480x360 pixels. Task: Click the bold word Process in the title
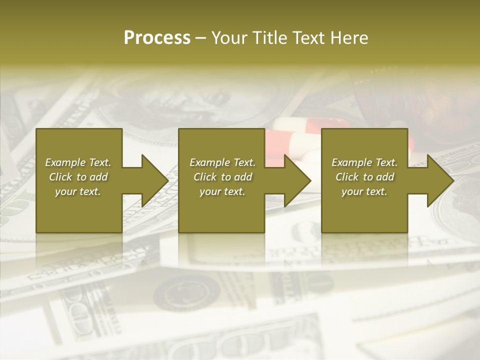[157, 38]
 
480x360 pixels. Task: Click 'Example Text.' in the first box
[78, 162]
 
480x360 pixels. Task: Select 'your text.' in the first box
[78, 191]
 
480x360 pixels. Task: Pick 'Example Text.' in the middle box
[222, 162]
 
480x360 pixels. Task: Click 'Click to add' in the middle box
[222, 177]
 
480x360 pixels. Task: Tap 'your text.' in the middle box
[222, 191]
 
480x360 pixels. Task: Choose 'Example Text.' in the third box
[364, 162]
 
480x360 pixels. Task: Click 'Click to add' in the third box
[364, 177]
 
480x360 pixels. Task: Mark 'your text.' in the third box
[364, 191]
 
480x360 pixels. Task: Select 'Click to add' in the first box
[78, 177]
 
